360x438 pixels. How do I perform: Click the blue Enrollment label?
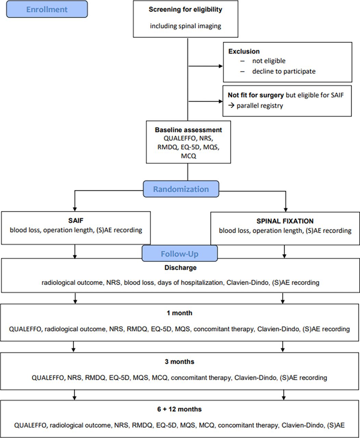pyautogui.click(x=47, y=9)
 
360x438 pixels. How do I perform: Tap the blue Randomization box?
pyautogui.click(x=181, y=189)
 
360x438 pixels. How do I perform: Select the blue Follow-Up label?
pyautogui.click(x=180, y=254)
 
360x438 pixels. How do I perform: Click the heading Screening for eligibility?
pyautogui.click(x=185, y=10)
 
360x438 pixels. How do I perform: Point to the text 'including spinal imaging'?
pyautogui.click(x=186, y=26)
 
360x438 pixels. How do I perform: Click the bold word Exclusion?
pyautogui.click(x=244, y=51)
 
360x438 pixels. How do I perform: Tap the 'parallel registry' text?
pyautogui.click(x=260, y=106)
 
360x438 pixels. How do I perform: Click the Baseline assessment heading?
pyautogui.click(x=188, y=130)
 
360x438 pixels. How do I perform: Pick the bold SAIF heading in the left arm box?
pyautogui.click(x=76, y=220)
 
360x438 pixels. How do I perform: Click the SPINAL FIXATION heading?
pyautogui.click(x=285, y=221)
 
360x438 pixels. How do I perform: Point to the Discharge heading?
pyautogui.click(x=181, y=268)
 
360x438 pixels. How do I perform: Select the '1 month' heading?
pyautogui.click(x=179, y=313)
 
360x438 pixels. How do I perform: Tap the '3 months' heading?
pyautogui.click(x=179, y=362)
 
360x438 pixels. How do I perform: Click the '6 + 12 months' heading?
pyautogui.click(x=179, y=409)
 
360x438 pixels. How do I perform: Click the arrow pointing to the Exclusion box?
pyautogui.click(x=206, y=66)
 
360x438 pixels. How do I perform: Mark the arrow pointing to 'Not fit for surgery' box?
pyautogui.click(x=206, y=101)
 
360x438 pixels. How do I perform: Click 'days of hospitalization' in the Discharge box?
pyautogui.click(x=190, y=283)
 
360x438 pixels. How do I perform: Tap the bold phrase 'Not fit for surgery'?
pyautogui.click(x=256, y=95)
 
